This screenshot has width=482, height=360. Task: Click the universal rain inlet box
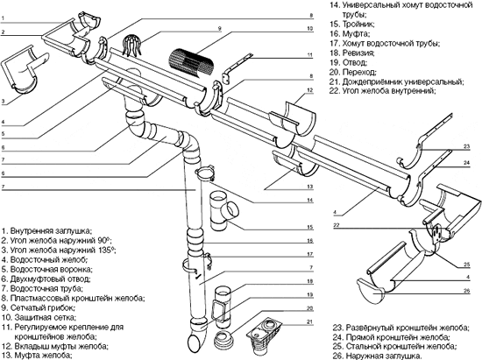[264, 334]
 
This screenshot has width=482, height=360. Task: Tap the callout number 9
[219, 28]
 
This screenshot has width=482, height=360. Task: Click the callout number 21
[310, 322]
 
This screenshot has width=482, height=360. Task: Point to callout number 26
[466, 291]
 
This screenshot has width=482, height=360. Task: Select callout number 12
[310, 90]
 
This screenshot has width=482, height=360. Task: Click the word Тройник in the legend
[358, 24]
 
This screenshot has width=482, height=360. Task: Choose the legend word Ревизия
[358, 53]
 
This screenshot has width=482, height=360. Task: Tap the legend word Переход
[359, 72]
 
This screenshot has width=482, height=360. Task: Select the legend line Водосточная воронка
[46, 269]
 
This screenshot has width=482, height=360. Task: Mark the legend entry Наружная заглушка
[378, 356]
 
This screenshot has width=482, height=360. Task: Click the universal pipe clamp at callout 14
[204, 173]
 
